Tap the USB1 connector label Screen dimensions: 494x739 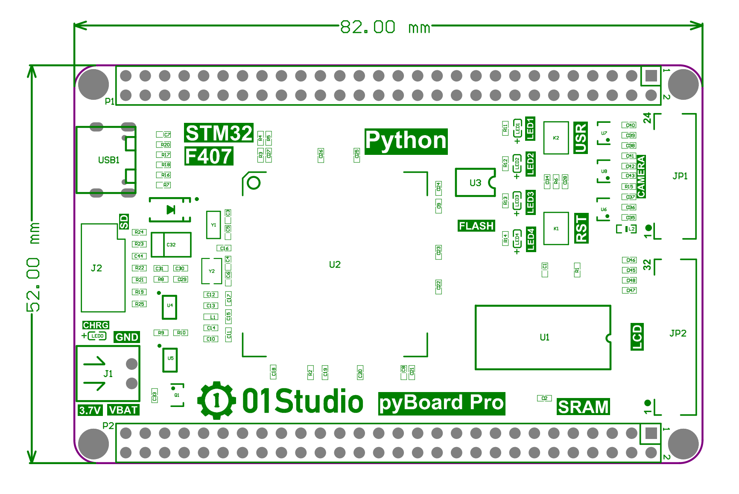[x=109, y=160]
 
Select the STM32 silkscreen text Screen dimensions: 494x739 [x=219, y=133]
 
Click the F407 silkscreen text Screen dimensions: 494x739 [x=209, y=157]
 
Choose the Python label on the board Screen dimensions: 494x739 [x=406, y=141]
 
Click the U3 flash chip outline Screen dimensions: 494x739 [x=475, y=183]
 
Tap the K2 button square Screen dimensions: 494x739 [x=556, y=138]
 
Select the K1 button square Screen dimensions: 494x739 [x=556, y=229]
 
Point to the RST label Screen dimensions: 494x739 [x=581, y=229]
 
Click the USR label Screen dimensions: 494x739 [x=581, y=138]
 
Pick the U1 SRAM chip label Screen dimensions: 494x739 [x=544, y=337]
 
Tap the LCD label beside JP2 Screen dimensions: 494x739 [x=637, y=337]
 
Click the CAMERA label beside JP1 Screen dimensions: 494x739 [x=641, y=177]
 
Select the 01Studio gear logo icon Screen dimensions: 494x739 [x=216, y=400]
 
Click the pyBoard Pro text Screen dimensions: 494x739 [x=441, y=403]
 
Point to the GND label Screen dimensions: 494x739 [x=127, y=337]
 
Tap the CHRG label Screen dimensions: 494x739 [x=96, y=325]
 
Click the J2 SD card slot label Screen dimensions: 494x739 [x=96, y=268]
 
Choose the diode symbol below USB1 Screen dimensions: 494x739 [x=171, y=209]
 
